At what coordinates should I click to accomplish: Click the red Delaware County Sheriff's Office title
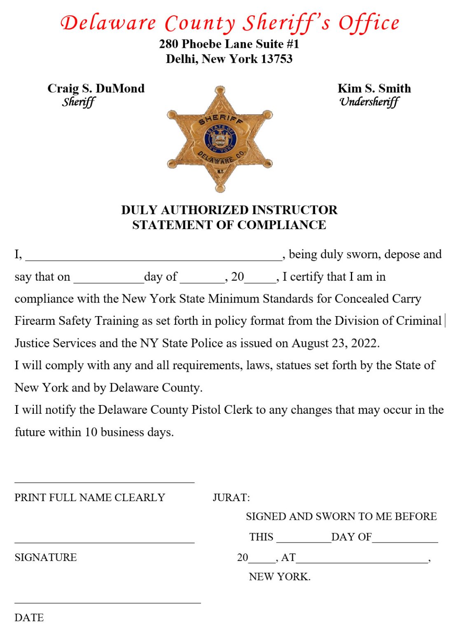[x=230, y=23]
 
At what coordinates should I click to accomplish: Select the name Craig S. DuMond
[x=96, y=88]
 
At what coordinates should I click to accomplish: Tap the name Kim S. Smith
[x=374, y=88]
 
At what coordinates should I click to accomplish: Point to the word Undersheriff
[x=369, y=102]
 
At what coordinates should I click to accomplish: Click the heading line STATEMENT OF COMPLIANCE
[x=229, y=225]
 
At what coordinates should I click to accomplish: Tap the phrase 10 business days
[x=129, y=432]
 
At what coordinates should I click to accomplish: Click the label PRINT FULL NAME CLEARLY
[x=90, y=497]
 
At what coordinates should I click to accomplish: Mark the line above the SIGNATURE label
[x=104, y=542]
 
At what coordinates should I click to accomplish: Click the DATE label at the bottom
[x=29, y=617]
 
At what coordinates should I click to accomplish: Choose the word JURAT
[x=231, y=497]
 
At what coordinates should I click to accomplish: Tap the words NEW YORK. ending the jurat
[x=279, y=577]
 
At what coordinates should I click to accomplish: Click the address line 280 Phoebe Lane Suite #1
[x=229, y=44]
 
